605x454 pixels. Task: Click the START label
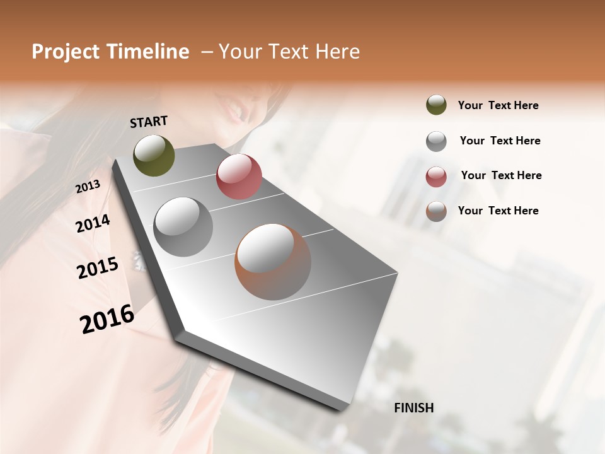click(149, 122)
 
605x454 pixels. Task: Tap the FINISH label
click(413, 408)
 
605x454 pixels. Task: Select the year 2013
click(88, 187)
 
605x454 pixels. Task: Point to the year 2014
click(93, 224)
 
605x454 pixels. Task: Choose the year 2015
click(98, 268)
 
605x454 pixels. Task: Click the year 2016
click(107, 319)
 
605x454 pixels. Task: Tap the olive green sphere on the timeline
click(154, 155)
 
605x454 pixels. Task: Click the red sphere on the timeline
click(239, 177)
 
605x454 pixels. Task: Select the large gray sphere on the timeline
click(183, 227)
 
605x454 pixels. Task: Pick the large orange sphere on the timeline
click(273, 262)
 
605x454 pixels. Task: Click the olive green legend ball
click(436, 105)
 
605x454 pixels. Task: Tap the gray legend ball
click(436, 141)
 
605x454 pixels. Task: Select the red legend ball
click(436, 177)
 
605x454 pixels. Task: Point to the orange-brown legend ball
click(436, 211)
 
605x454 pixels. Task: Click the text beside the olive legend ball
click(498, 105)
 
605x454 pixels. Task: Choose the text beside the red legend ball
click(501, 175)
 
